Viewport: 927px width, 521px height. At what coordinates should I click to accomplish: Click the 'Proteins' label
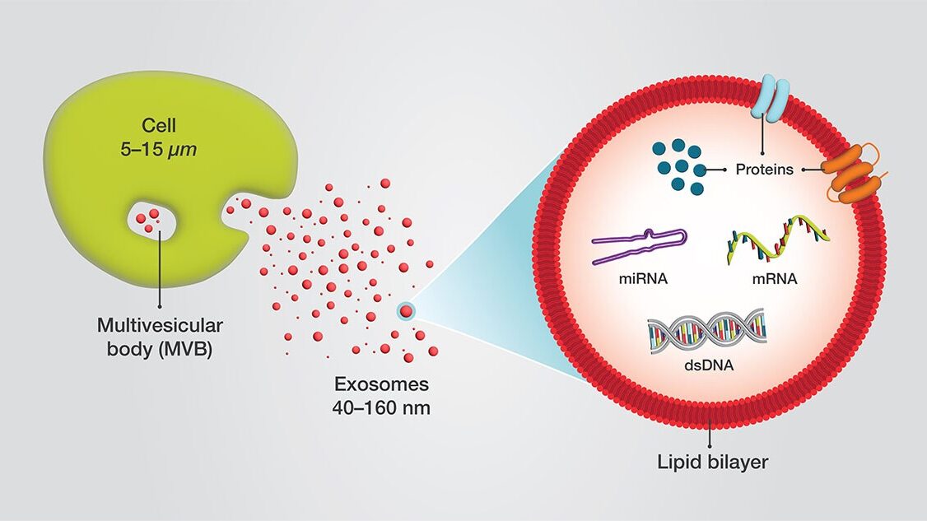tap(766, 170)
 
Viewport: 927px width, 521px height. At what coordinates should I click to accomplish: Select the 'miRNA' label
tap(641, 278)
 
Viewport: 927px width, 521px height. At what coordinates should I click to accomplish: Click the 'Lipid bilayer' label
tap(713, 462)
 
